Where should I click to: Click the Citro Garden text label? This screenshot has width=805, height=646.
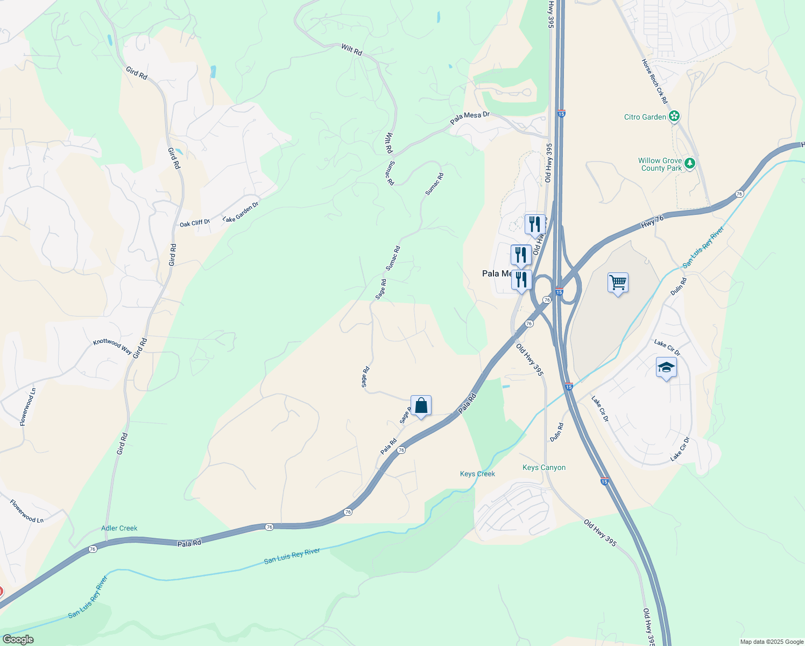point(645,117)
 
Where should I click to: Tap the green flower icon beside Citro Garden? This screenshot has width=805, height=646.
point(674,116)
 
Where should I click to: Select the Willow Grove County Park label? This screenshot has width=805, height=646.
point(660,164)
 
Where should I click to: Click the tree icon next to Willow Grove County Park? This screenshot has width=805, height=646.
point(690,163)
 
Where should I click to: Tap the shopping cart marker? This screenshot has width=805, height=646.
point(618,282)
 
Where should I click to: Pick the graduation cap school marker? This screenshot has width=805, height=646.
point(666,368)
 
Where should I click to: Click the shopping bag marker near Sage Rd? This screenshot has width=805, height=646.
point(421,405)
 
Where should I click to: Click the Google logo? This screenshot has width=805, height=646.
point(18,640)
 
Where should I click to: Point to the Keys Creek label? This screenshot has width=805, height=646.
point(477,474)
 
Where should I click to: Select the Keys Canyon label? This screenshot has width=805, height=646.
point(544,467)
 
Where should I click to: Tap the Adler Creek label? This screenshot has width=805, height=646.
point(119,528)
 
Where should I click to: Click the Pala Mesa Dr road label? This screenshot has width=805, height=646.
point(470,117)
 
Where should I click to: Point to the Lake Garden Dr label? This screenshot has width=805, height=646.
point(241,212)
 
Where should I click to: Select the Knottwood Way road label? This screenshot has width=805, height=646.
point(112,346)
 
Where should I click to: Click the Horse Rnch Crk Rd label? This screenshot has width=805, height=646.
point(654,81)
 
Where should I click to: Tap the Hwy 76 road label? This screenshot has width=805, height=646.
point(652,221)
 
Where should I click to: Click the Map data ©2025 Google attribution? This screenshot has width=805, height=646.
point(772,642)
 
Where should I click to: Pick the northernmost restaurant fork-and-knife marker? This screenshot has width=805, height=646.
point(535,224)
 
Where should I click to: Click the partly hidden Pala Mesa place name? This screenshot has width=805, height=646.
point(496,273)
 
